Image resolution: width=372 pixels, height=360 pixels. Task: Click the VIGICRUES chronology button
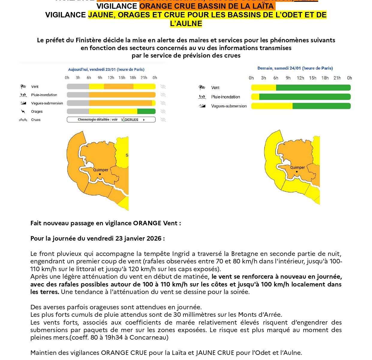point(111,120)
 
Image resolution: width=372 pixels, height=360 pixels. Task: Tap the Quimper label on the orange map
point(101,170)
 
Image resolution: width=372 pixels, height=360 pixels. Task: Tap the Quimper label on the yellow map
point(297,167)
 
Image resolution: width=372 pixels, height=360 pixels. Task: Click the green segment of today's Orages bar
point(146,111)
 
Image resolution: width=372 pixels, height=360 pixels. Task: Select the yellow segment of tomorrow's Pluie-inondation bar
point(255,97)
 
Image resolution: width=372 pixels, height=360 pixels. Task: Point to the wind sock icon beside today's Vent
point(23,87)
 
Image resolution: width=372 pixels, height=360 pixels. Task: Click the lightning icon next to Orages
point(23,112)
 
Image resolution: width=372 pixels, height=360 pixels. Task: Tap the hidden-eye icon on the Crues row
point(163,120)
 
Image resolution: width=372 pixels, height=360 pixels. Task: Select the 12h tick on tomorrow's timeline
point(300,78)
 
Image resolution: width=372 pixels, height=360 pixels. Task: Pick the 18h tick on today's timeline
point(133,78)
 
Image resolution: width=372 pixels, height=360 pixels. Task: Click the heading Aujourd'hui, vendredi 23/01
point(106,70)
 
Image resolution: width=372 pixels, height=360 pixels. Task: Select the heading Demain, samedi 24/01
point(295,68)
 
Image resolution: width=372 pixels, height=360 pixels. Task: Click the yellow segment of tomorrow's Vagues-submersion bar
point(272,106)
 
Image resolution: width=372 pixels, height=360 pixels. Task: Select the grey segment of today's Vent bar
point(78,87)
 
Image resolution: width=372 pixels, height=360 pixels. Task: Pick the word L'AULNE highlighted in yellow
point(186,23)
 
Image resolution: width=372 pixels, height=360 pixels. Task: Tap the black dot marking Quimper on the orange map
point(100,174)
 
